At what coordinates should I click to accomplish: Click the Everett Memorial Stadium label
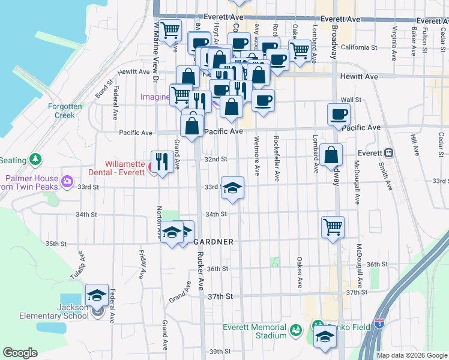click(x=254, y=331)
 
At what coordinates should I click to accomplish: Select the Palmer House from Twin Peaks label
click(x=33, y=182)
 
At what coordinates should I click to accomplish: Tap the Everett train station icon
click(x=388, y=153)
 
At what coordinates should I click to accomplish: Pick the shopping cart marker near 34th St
click(x=333, y=227)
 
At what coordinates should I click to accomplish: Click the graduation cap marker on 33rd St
click(x=232, y=188)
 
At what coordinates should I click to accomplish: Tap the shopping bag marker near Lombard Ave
click(x=331, y=155)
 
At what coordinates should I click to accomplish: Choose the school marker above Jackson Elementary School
click(x=97, y=295)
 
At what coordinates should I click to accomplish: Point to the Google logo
click(x=20, y=353)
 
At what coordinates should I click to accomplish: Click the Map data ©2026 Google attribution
click(x=412, y=355)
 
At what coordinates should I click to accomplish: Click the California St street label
click(x=359, y=47)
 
